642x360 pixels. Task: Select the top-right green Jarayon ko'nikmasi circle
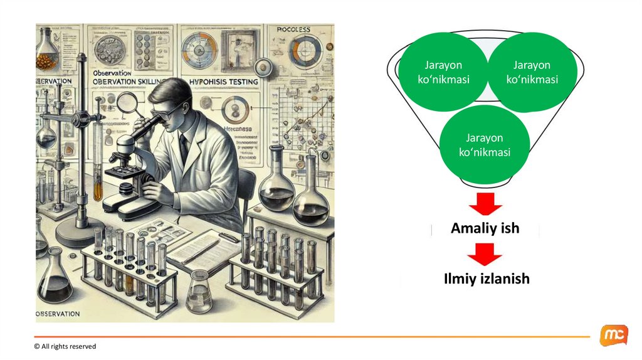(532, 73)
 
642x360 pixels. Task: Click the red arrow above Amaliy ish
(485, 204)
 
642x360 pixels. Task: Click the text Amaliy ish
(485, 228)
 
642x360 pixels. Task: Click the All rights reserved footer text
(65, 346)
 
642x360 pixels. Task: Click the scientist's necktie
(182, 145)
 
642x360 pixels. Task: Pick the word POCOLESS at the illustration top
(294, 29)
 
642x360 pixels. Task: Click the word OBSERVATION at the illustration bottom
(58, 313)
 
